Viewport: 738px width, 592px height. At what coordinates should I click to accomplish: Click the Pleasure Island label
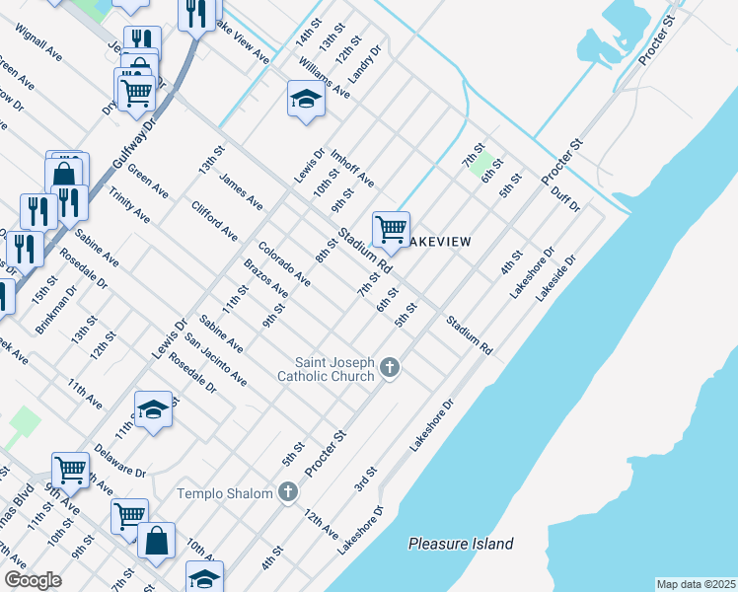point(462,544)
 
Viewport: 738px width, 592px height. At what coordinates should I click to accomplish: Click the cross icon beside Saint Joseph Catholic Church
point(390,368)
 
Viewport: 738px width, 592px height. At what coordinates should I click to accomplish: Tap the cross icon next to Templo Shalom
point(288,491)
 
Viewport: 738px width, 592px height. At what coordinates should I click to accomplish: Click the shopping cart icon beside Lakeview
point(391,229)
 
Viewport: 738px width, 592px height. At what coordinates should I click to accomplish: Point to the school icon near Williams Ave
point(306,99)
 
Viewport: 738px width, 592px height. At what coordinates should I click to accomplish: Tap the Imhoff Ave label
point(352,168)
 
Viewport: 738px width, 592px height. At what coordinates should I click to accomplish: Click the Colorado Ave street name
point(284,263)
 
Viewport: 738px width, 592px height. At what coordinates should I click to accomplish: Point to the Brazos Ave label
point(265,278)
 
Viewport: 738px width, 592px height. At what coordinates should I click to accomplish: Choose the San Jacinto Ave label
point(216,358)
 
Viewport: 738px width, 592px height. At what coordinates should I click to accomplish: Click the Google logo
point(33,580)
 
